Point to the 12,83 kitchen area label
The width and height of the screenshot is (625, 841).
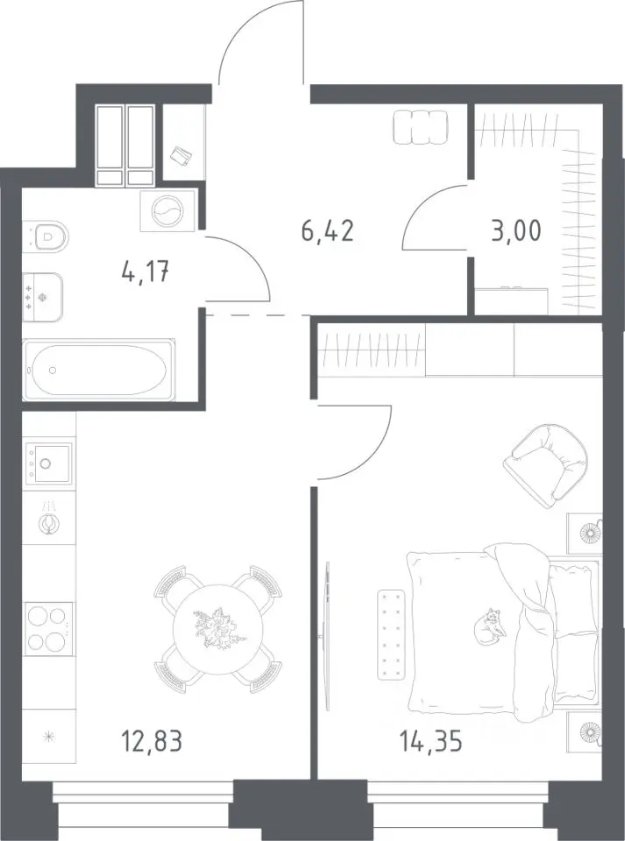[x=153, y=742]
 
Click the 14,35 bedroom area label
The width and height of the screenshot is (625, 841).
[x=430, y=742]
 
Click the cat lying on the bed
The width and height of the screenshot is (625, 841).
[x=489, y=625]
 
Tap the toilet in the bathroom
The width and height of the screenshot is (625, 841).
[x=46, y=236]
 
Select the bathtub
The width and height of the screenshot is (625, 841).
[x=98, y=370]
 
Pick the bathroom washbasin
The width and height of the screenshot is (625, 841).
[x=43, y=297]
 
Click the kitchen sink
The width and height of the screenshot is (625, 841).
[x=47, y=463]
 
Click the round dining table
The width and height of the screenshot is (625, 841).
[x=218, y=629]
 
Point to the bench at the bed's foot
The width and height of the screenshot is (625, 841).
[x=391, y=634]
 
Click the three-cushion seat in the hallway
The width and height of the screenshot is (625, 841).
[x=420, y=127]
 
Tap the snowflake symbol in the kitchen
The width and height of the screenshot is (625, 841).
[x=47, y=737]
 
